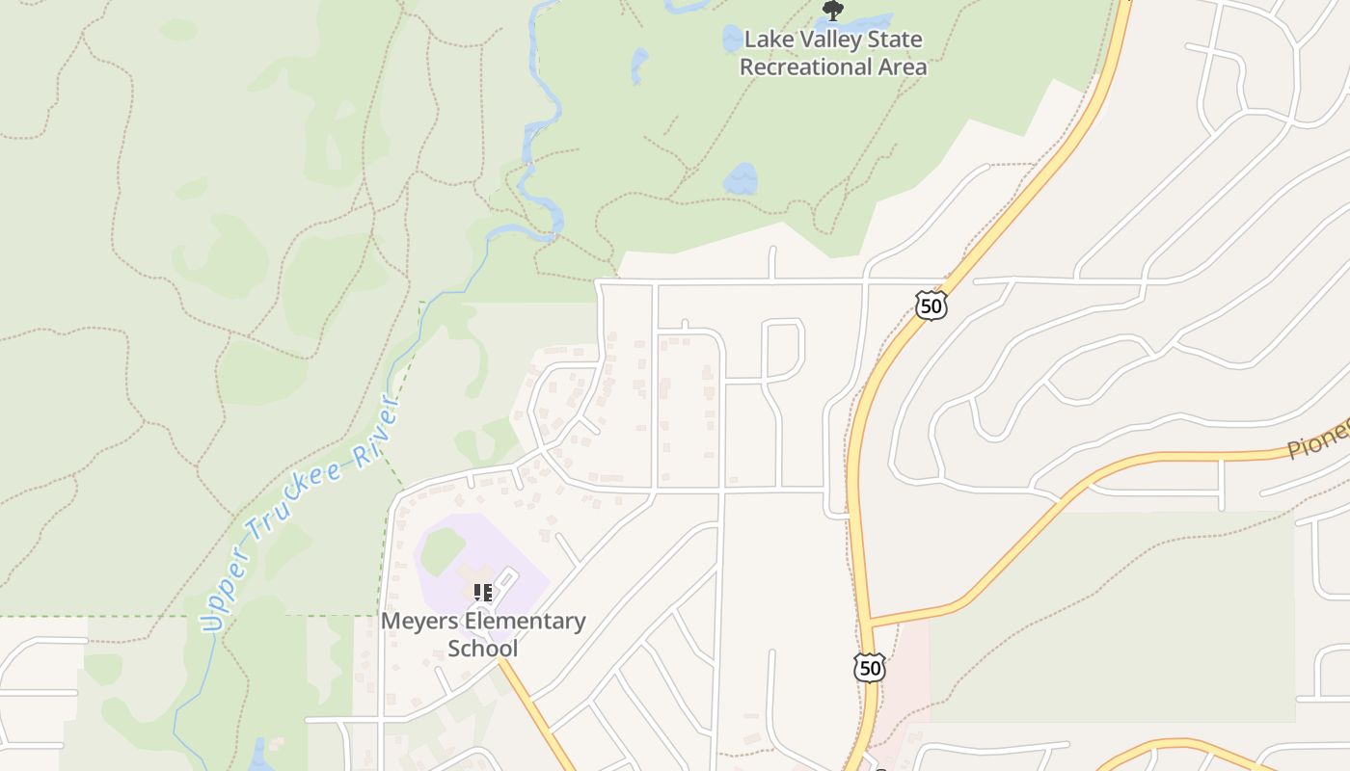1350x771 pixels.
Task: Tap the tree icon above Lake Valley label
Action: pos(832,11)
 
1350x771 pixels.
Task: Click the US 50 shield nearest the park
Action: pos(931,306)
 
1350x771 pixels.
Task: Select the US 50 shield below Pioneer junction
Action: pos(869,667)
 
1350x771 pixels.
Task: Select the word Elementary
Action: pos(525,622)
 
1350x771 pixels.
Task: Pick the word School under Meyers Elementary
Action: pos(482,648)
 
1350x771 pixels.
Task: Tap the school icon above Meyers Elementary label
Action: pos(483,592)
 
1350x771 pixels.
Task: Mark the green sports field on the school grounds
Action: pos(442,550)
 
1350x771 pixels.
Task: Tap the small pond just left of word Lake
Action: pos(732,39)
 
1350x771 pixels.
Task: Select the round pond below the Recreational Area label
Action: pos(741,178)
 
